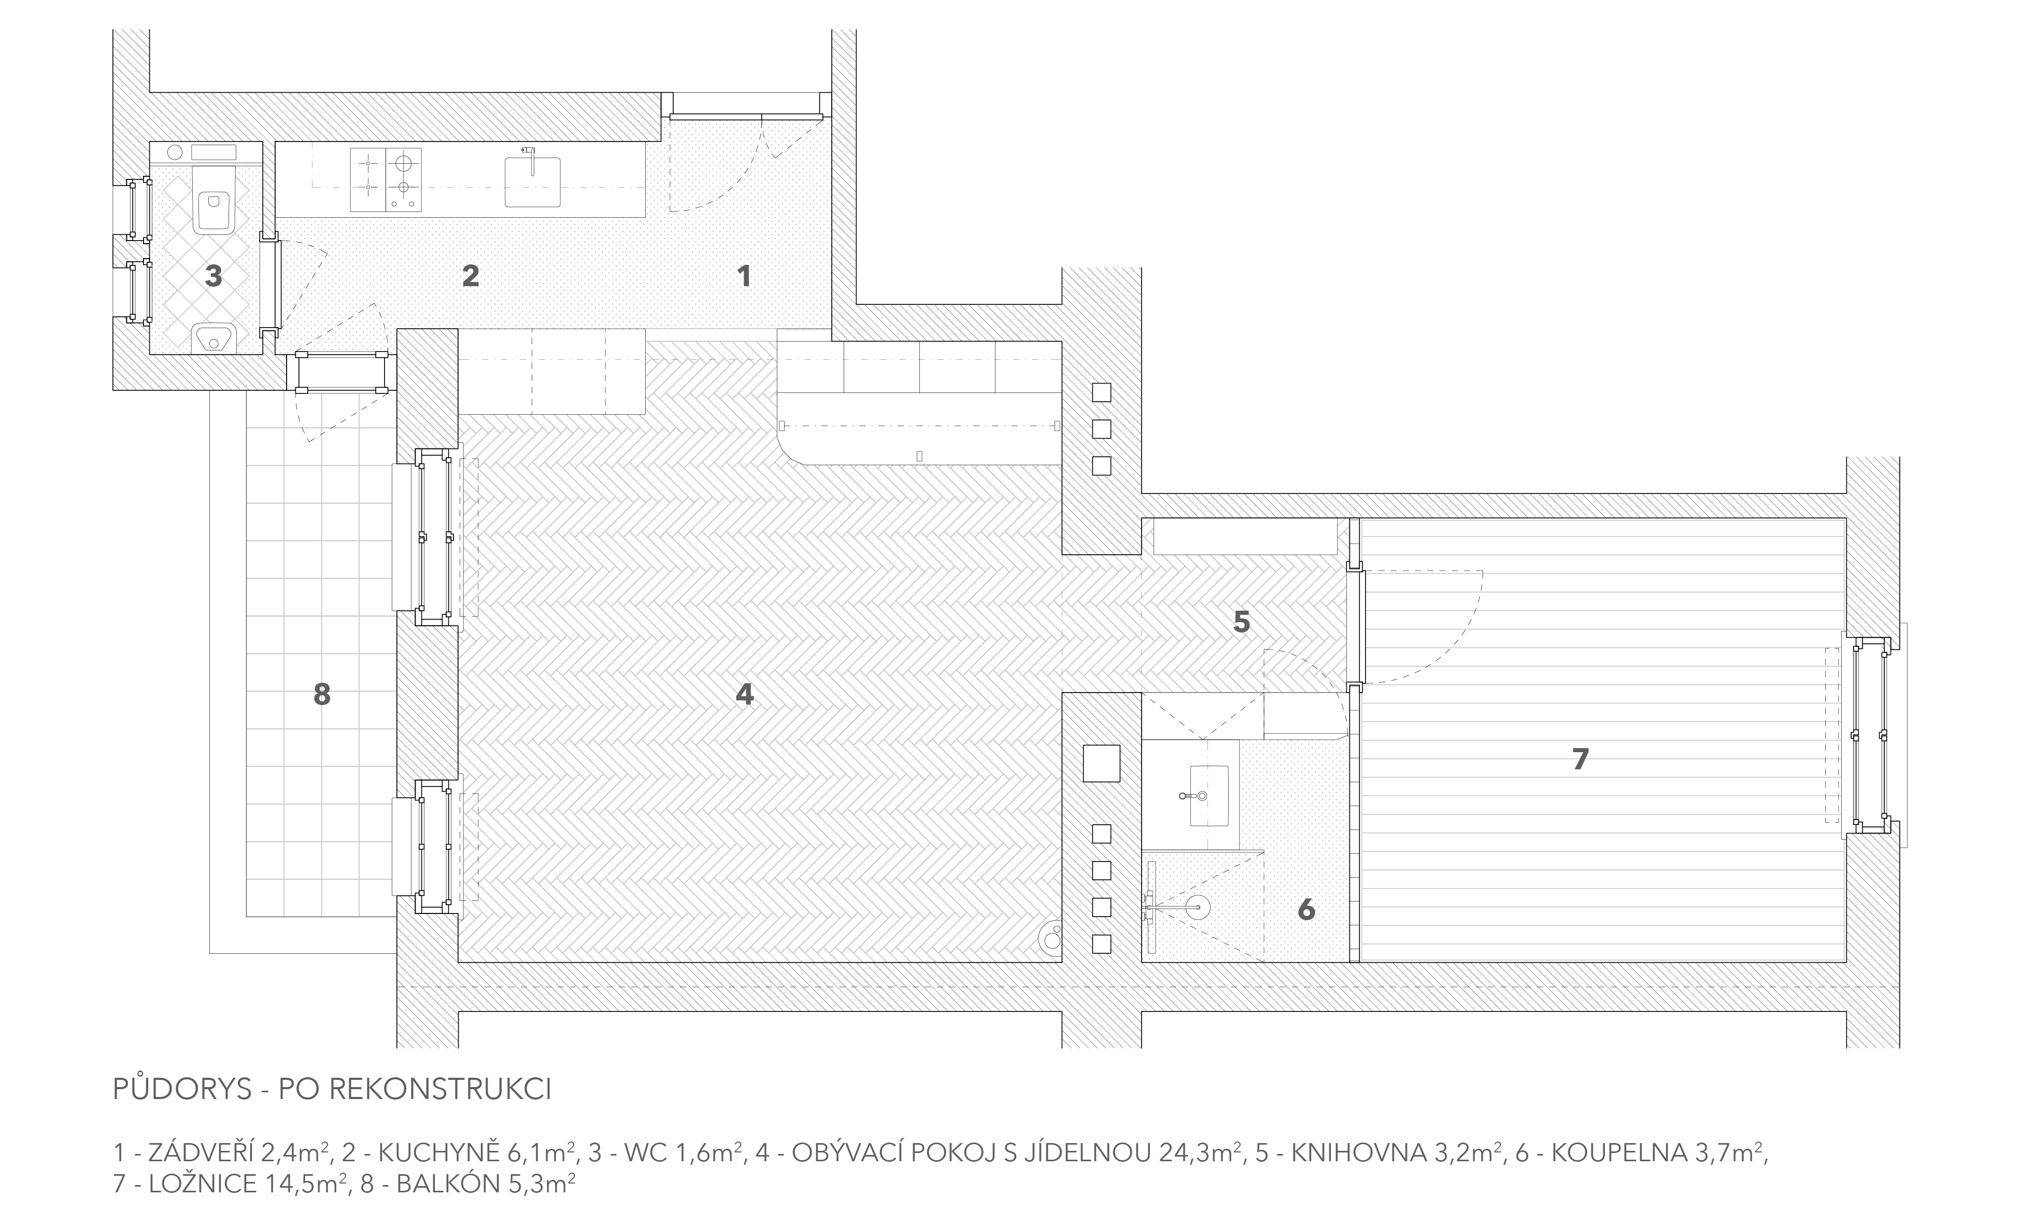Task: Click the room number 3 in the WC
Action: point(213,275)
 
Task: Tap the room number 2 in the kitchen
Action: point(471,275)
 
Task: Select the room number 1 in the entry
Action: point(744,275)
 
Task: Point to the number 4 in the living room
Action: point(744,695)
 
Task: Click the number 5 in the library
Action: point(1242,622)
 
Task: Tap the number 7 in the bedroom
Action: point(1581,759)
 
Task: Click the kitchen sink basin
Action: point(533,181)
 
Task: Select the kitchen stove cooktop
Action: point(386,179)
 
